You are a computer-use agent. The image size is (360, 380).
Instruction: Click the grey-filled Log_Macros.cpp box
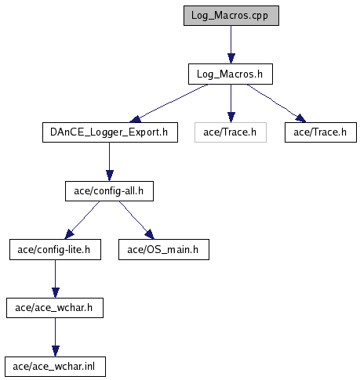[231, 16]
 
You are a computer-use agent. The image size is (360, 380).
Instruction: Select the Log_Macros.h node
[231, 74]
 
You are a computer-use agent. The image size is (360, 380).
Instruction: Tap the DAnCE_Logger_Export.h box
[110, 132]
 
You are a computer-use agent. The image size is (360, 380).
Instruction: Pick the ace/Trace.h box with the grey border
[231, 132]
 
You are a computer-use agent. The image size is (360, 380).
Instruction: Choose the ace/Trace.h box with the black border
[321, 132]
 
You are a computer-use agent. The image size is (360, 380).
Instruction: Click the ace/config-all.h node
[109, 191]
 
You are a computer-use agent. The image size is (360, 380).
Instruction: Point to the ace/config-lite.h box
[55, 250]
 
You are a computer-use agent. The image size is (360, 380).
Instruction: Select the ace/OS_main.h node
[164, 250]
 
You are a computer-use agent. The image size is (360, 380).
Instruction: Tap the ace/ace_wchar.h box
[55, 308]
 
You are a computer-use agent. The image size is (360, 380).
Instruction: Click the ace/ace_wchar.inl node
[55, 367]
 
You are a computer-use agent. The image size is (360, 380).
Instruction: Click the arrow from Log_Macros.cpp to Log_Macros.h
[231, 45]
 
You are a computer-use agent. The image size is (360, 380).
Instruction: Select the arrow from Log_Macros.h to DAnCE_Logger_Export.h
[169, 103]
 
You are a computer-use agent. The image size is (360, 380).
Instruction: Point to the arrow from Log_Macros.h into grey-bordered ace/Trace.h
[231, 103]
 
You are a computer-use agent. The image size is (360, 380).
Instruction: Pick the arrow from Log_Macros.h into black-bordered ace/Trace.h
[276, 103]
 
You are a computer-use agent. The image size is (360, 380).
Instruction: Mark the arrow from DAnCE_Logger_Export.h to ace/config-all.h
[110, 161]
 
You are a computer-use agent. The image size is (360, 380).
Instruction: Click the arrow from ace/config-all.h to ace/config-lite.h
[82, 220]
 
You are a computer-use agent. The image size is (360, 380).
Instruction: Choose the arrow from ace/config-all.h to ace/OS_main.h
[136, 220]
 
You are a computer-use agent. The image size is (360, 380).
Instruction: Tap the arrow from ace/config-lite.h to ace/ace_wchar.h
[55, 279]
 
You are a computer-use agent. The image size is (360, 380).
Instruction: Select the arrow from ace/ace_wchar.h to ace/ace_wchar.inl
[55, 338]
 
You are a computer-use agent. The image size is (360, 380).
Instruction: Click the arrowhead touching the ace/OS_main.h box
[150, 234]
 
